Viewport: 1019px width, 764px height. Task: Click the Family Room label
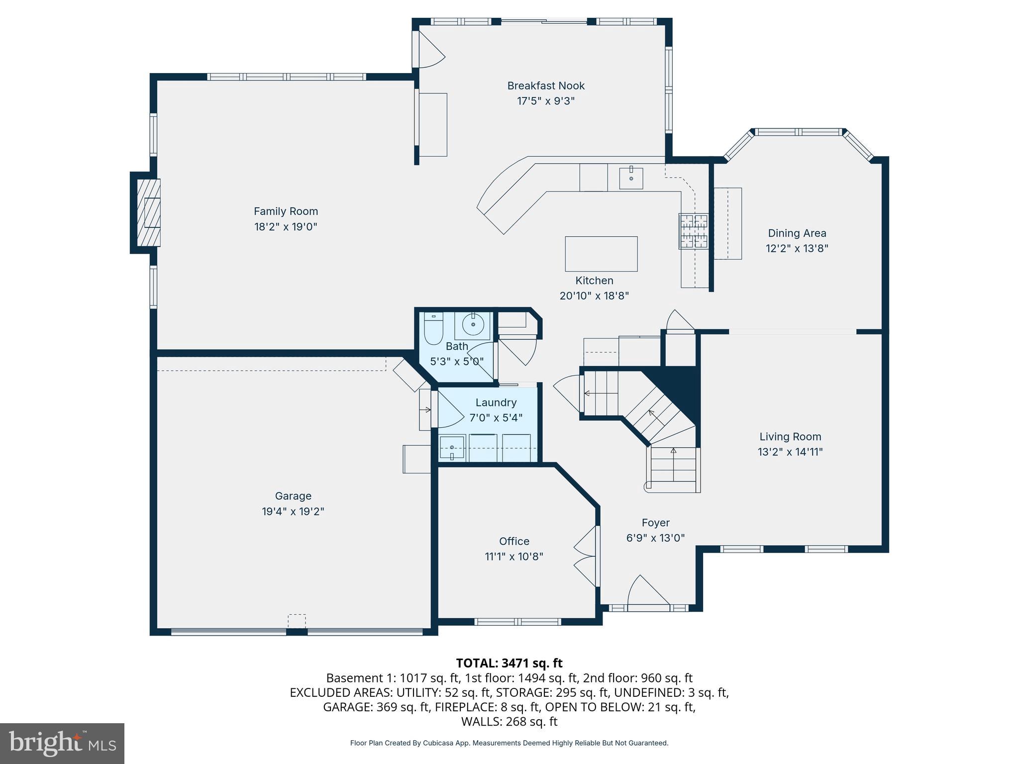point(286,211)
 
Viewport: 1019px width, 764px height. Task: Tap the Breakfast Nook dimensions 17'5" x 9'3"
point(546,101)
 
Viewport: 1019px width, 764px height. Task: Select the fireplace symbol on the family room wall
point(148,213)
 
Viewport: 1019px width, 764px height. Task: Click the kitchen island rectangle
point(601,254)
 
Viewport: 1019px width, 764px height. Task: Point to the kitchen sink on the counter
point(631,179)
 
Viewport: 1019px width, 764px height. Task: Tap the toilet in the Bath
point(433,329)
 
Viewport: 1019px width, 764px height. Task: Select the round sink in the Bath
point(473,326)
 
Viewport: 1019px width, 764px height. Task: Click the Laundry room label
point(496,402)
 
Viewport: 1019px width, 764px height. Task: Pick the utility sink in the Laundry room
point(452,448)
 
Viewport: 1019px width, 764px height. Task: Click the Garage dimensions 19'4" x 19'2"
point(293,511)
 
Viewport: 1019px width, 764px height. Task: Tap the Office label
point(514,541)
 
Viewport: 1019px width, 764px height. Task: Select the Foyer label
point(655,523)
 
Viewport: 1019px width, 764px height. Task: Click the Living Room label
point(790,437)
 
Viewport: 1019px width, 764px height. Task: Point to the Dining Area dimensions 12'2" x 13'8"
point(797,248)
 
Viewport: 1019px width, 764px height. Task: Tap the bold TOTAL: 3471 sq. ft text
point(509,663)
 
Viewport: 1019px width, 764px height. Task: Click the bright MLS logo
point(62,744)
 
